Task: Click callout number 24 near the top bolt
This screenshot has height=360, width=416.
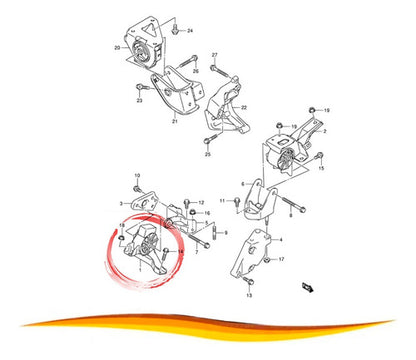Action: tap(192, 32)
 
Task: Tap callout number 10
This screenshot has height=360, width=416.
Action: tap(137, 176)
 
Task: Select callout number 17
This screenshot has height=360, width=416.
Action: tap(283, 259)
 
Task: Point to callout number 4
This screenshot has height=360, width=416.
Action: tap(278, 240)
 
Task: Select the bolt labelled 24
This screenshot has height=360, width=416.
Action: tap(176, 32)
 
